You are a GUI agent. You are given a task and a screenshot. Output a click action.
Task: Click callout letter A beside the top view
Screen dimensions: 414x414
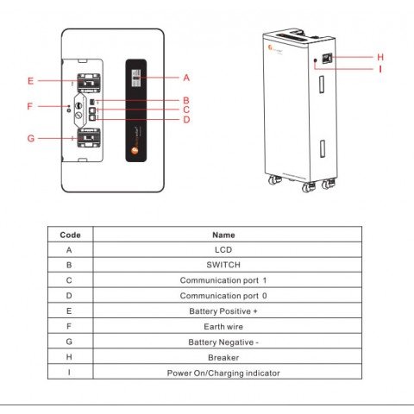coord(186,77)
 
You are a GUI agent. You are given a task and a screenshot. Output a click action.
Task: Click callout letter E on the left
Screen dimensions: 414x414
coord(30,81)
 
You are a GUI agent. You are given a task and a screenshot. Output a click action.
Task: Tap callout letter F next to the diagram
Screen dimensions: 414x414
coord(30,106)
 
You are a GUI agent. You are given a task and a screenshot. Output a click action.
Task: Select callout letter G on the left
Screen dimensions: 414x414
coord(30,138)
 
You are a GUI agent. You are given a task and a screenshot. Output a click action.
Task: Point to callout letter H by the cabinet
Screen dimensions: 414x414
coord(380,57)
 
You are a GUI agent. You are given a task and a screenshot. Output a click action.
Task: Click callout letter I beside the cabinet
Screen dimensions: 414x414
coord(380,68)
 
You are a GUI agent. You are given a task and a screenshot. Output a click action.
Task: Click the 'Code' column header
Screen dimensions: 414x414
coord(70,235)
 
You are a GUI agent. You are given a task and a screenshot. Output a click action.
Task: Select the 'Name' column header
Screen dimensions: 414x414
coord(223,235)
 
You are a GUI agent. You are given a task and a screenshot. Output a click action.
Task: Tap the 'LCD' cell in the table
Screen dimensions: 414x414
coord(223,249)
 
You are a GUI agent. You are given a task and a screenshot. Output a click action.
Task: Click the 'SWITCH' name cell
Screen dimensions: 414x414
coord(223,265)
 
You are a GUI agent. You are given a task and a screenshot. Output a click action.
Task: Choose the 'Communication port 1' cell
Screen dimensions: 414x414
coord(223,280)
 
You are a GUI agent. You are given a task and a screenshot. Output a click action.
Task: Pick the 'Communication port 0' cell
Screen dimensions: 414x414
coord(223,295)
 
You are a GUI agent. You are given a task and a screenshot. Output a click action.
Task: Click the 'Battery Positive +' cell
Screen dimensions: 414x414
coord(223,310)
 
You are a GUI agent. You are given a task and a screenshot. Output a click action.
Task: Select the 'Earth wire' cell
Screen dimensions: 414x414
coord(223,326)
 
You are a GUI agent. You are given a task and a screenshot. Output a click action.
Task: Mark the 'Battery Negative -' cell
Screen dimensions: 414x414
coord(223,342)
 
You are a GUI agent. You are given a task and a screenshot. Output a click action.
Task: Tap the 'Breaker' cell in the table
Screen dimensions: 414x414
coord(223,357)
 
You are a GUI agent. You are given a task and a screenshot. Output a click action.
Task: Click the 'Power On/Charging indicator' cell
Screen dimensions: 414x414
coord(223,373)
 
